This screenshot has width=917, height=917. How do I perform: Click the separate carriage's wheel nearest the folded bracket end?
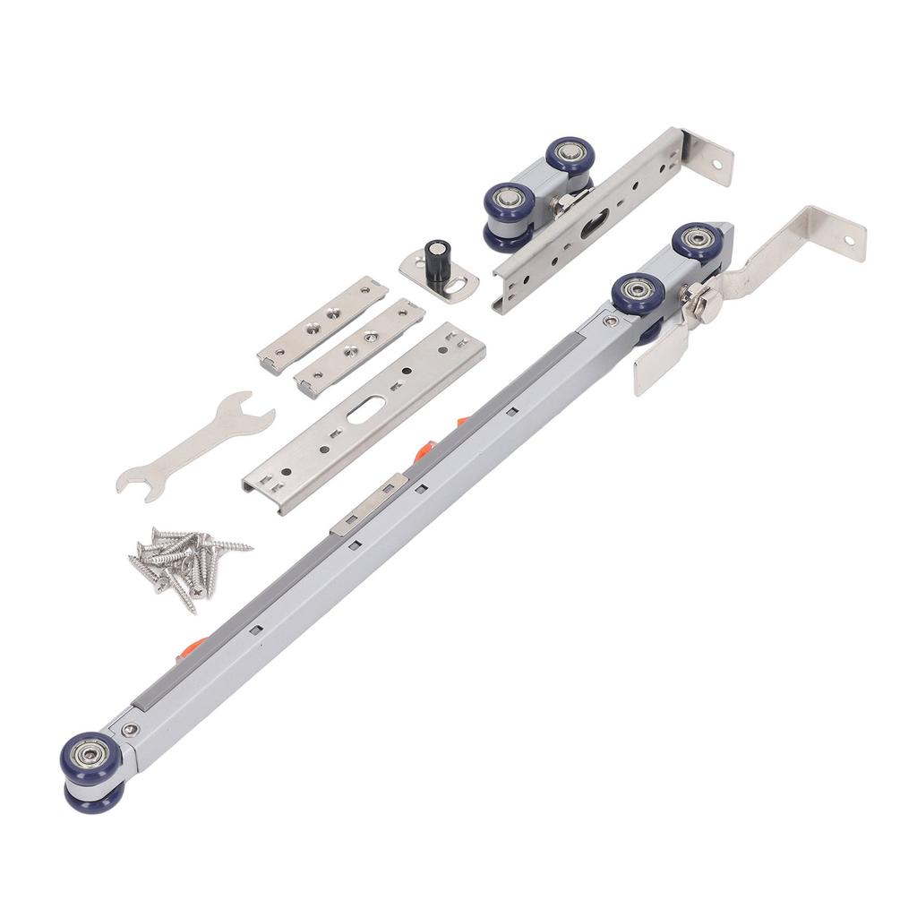568,156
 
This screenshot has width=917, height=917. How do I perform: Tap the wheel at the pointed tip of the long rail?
698,241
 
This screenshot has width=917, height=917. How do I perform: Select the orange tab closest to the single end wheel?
194,644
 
